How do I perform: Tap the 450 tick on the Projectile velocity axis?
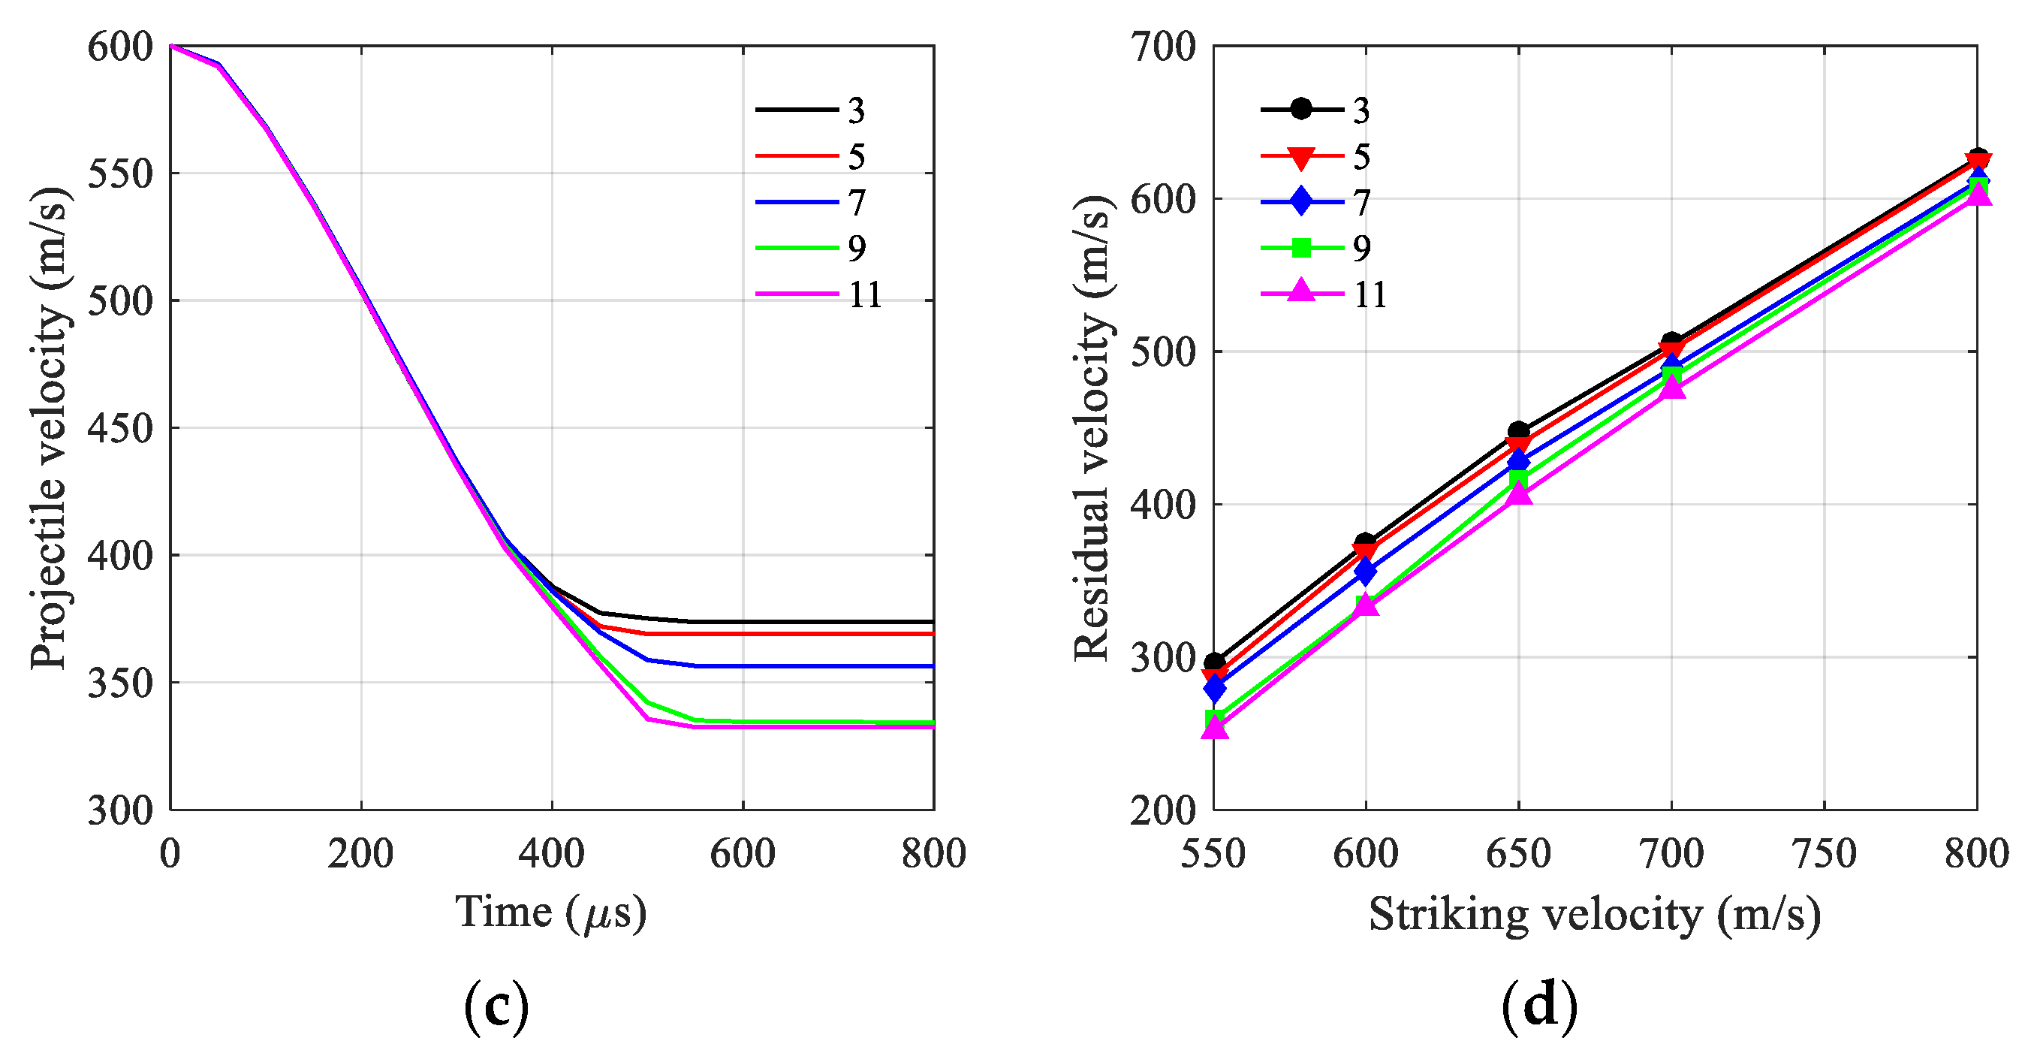119,429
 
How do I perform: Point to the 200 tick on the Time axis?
360,853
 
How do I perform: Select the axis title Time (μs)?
551,913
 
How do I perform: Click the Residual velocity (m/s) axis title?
1092,428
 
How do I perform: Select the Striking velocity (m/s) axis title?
1594,915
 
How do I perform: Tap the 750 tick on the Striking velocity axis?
1824,853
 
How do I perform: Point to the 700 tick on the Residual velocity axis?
1163,47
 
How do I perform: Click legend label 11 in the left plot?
865,295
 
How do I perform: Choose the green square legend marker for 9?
1302,249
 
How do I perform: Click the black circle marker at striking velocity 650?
1518,431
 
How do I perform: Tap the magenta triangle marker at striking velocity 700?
1671,387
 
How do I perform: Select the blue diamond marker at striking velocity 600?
1366,571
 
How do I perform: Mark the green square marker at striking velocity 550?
1215,718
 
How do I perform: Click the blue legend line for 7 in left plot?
797,203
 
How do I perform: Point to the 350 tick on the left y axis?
119,683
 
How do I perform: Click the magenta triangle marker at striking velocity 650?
1518,493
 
